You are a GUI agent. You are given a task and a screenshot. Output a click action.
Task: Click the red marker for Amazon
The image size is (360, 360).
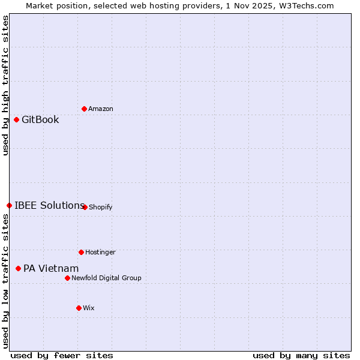[84, 109]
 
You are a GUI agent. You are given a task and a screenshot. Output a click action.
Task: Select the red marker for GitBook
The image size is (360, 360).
[16, 119]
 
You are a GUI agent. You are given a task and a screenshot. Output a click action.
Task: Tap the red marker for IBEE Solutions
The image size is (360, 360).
[9, 205]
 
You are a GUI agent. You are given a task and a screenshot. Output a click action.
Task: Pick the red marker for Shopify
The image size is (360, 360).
[85, 207]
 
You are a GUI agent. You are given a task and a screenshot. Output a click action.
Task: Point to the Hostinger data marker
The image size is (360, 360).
[81, 252]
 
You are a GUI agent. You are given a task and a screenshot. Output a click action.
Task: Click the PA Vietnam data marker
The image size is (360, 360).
[18, 268]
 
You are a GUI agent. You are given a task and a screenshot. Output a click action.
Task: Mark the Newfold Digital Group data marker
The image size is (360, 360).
[67, 278]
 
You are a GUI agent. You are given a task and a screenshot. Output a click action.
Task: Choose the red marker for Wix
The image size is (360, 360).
[79, 308]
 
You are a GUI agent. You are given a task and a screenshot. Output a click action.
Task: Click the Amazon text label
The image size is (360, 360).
[101, 109]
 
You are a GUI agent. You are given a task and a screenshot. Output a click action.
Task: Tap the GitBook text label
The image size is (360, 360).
[40, 119]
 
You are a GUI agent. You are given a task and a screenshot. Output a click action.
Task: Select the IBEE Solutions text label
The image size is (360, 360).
[49, 205]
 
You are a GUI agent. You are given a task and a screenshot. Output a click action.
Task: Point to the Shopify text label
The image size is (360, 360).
[101, 207]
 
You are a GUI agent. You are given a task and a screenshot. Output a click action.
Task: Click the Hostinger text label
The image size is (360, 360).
[100, 252]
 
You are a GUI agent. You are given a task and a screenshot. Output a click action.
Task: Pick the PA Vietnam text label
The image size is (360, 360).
[51, 268]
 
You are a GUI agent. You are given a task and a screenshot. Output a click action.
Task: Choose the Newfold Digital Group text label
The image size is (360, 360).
[106, 278]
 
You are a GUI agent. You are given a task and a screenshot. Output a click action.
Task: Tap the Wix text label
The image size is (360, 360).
[89, 308]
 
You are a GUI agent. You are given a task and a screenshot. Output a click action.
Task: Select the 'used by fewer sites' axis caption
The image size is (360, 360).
[62, 355]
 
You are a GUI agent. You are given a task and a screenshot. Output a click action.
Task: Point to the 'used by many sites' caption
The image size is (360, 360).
[301, 355]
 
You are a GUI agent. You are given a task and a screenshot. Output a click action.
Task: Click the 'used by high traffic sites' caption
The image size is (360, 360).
[5, 85]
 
